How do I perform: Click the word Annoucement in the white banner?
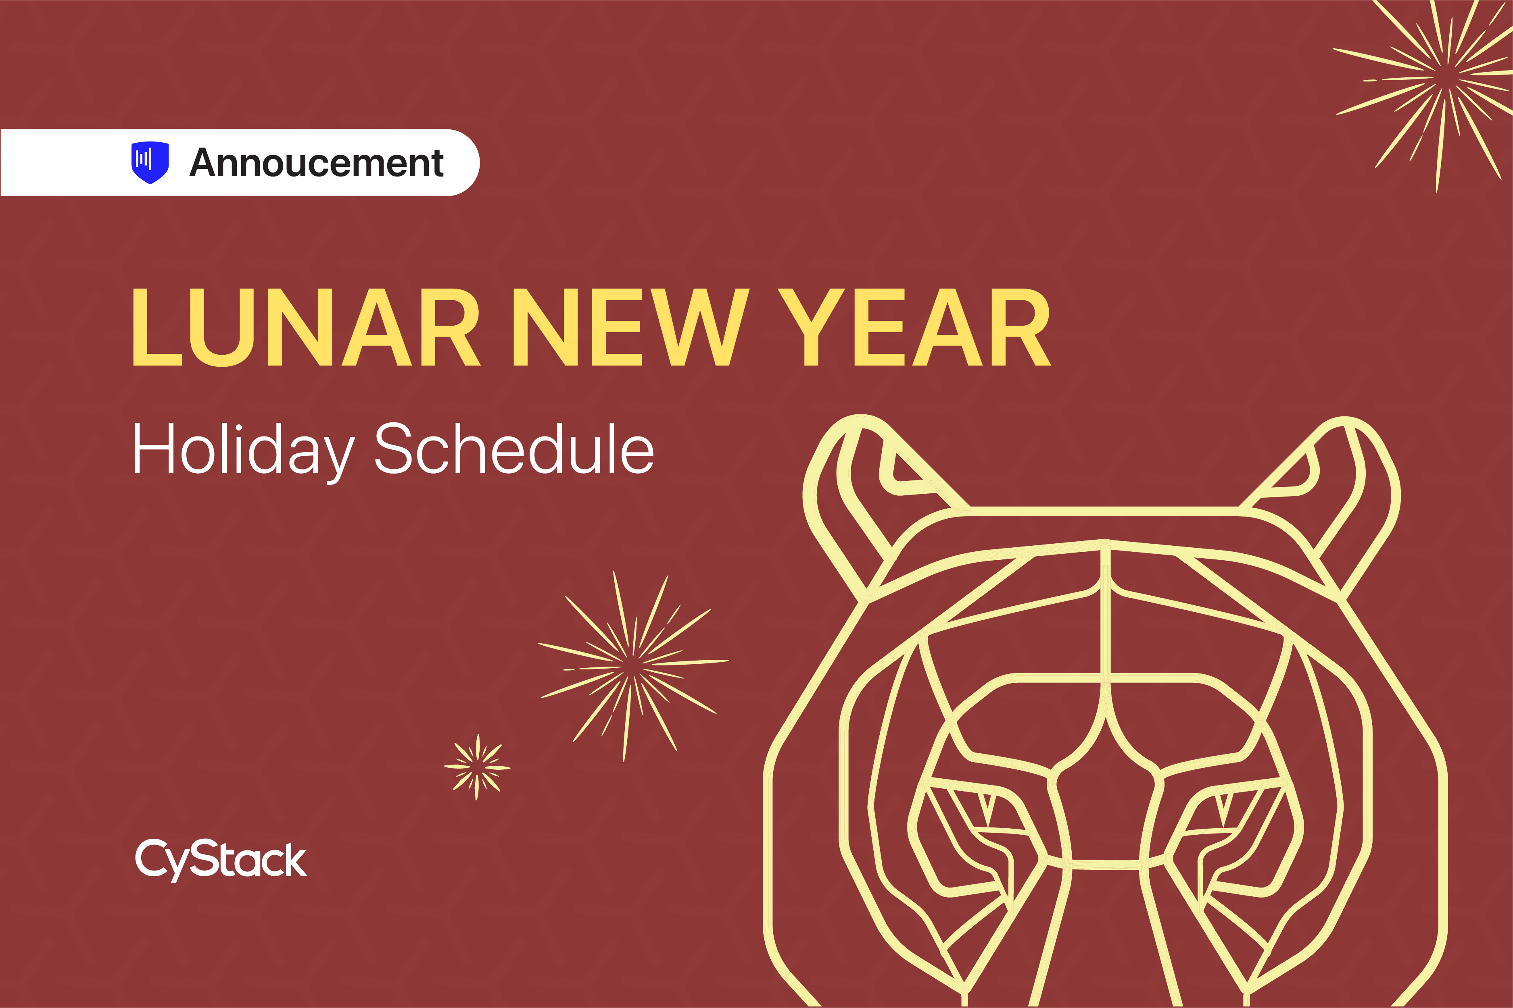317,163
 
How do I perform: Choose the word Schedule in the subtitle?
515,448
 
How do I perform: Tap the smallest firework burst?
477,767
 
